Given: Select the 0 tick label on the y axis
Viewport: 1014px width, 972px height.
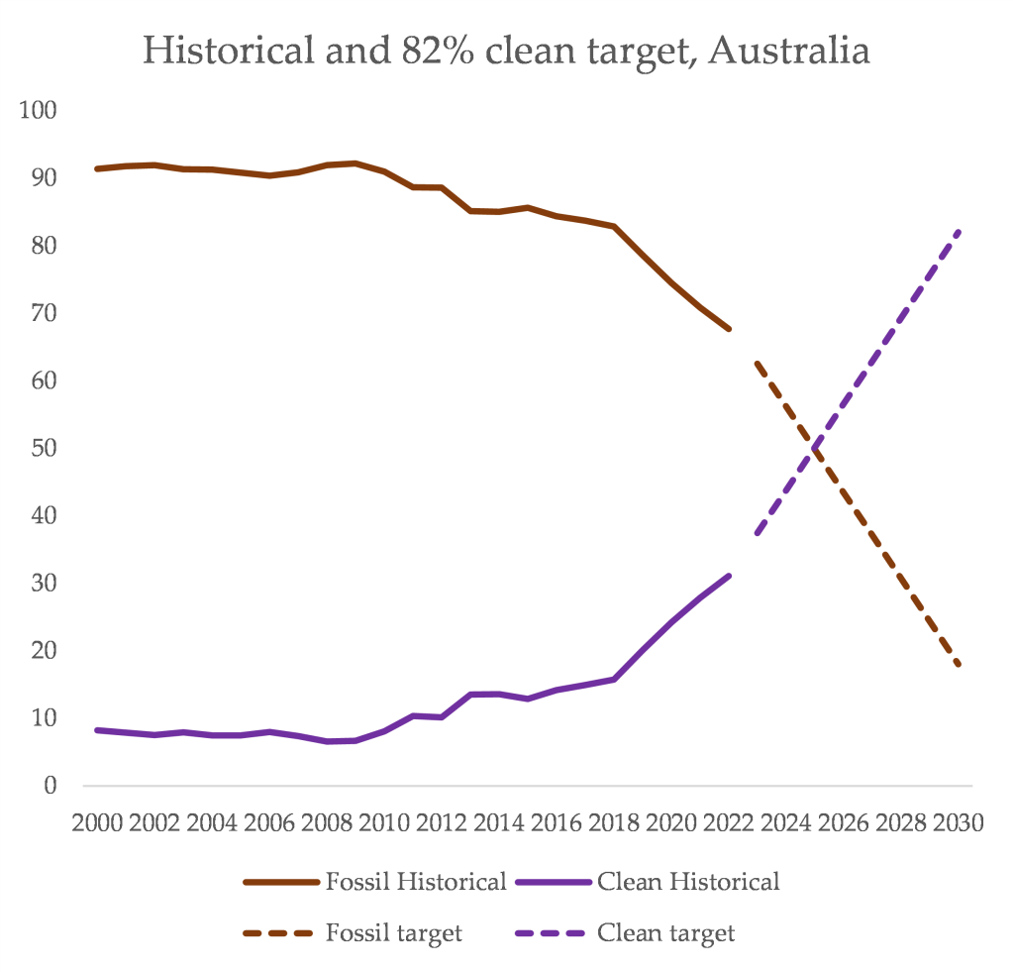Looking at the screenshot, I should (x=49, y=786).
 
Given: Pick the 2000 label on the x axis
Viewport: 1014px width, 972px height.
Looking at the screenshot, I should (x=97, y=824).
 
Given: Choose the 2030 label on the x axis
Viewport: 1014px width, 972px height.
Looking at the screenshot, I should (x=958, y=824).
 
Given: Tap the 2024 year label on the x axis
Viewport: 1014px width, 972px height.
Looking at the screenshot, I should (x=785, y=824).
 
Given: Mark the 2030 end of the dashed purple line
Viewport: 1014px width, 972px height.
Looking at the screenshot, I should (x=959, y=232).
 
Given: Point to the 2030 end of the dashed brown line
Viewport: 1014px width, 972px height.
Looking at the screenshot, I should (x=959, y=665).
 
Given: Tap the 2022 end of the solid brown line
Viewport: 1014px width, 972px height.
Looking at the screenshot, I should (x=730, y=328).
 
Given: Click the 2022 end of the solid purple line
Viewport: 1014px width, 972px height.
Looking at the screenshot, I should (x=730, y=576).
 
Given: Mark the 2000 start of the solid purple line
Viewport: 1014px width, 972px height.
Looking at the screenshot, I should (x=96, y=730).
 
